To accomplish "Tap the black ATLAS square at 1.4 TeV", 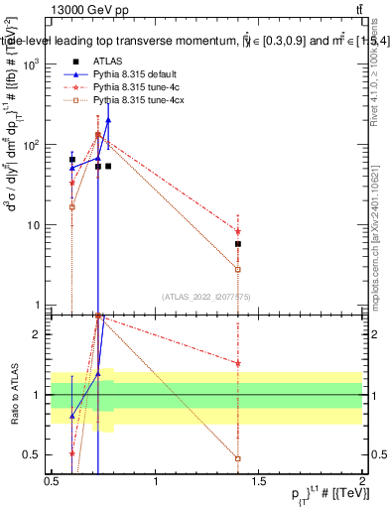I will [238, 244].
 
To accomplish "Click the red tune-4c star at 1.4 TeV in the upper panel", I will [238, 231].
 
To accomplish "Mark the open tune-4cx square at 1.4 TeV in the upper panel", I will [238, 269].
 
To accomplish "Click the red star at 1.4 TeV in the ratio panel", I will [238, 363].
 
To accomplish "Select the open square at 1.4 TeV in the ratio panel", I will [238, 458].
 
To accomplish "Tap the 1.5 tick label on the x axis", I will [260, 481].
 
